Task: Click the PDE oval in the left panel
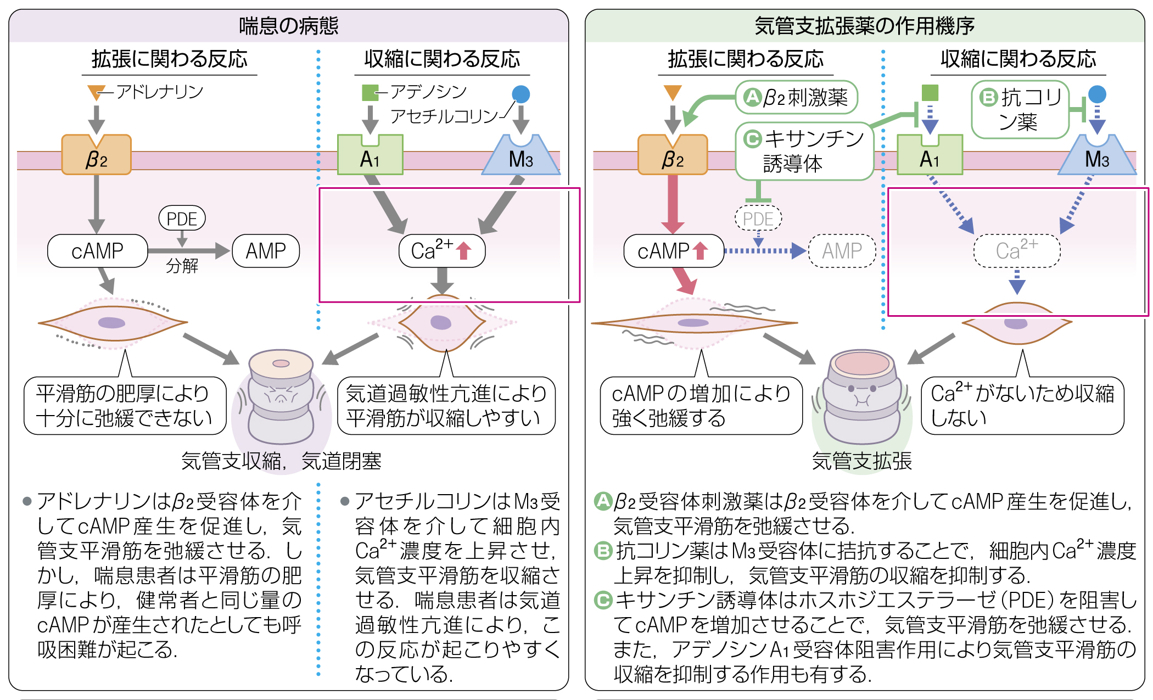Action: [x=182, y=219]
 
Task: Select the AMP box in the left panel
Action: [x=266, y=251]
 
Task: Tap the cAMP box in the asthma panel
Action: [x=98, y=251]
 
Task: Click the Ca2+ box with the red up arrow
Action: [x=442, y=251]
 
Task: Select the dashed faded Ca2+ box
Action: [x=1017, y=251]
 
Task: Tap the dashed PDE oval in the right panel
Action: [x=758, y=219]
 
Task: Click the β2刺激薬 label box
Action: [x=797, y=97]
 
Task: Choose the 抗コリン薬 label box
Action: [x=1020, y=110]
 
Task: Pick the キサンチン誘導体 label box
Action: [x=804, y=151]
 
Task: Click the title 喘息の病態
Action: [x=289, y=26]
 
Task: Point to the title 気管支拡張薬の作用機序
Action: [x=865, y=26]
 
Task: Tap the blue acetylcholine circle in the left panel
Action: [x=521, y=94]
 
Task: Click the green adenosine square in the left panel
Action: [x=371, y=93]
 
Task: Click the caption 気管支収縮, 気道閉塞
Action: [x=281, y=461]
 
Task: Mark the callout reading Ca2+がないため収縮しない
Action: [x=1023, y=405]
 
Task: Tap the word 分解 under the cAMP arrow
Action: [x=182, y=266]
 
